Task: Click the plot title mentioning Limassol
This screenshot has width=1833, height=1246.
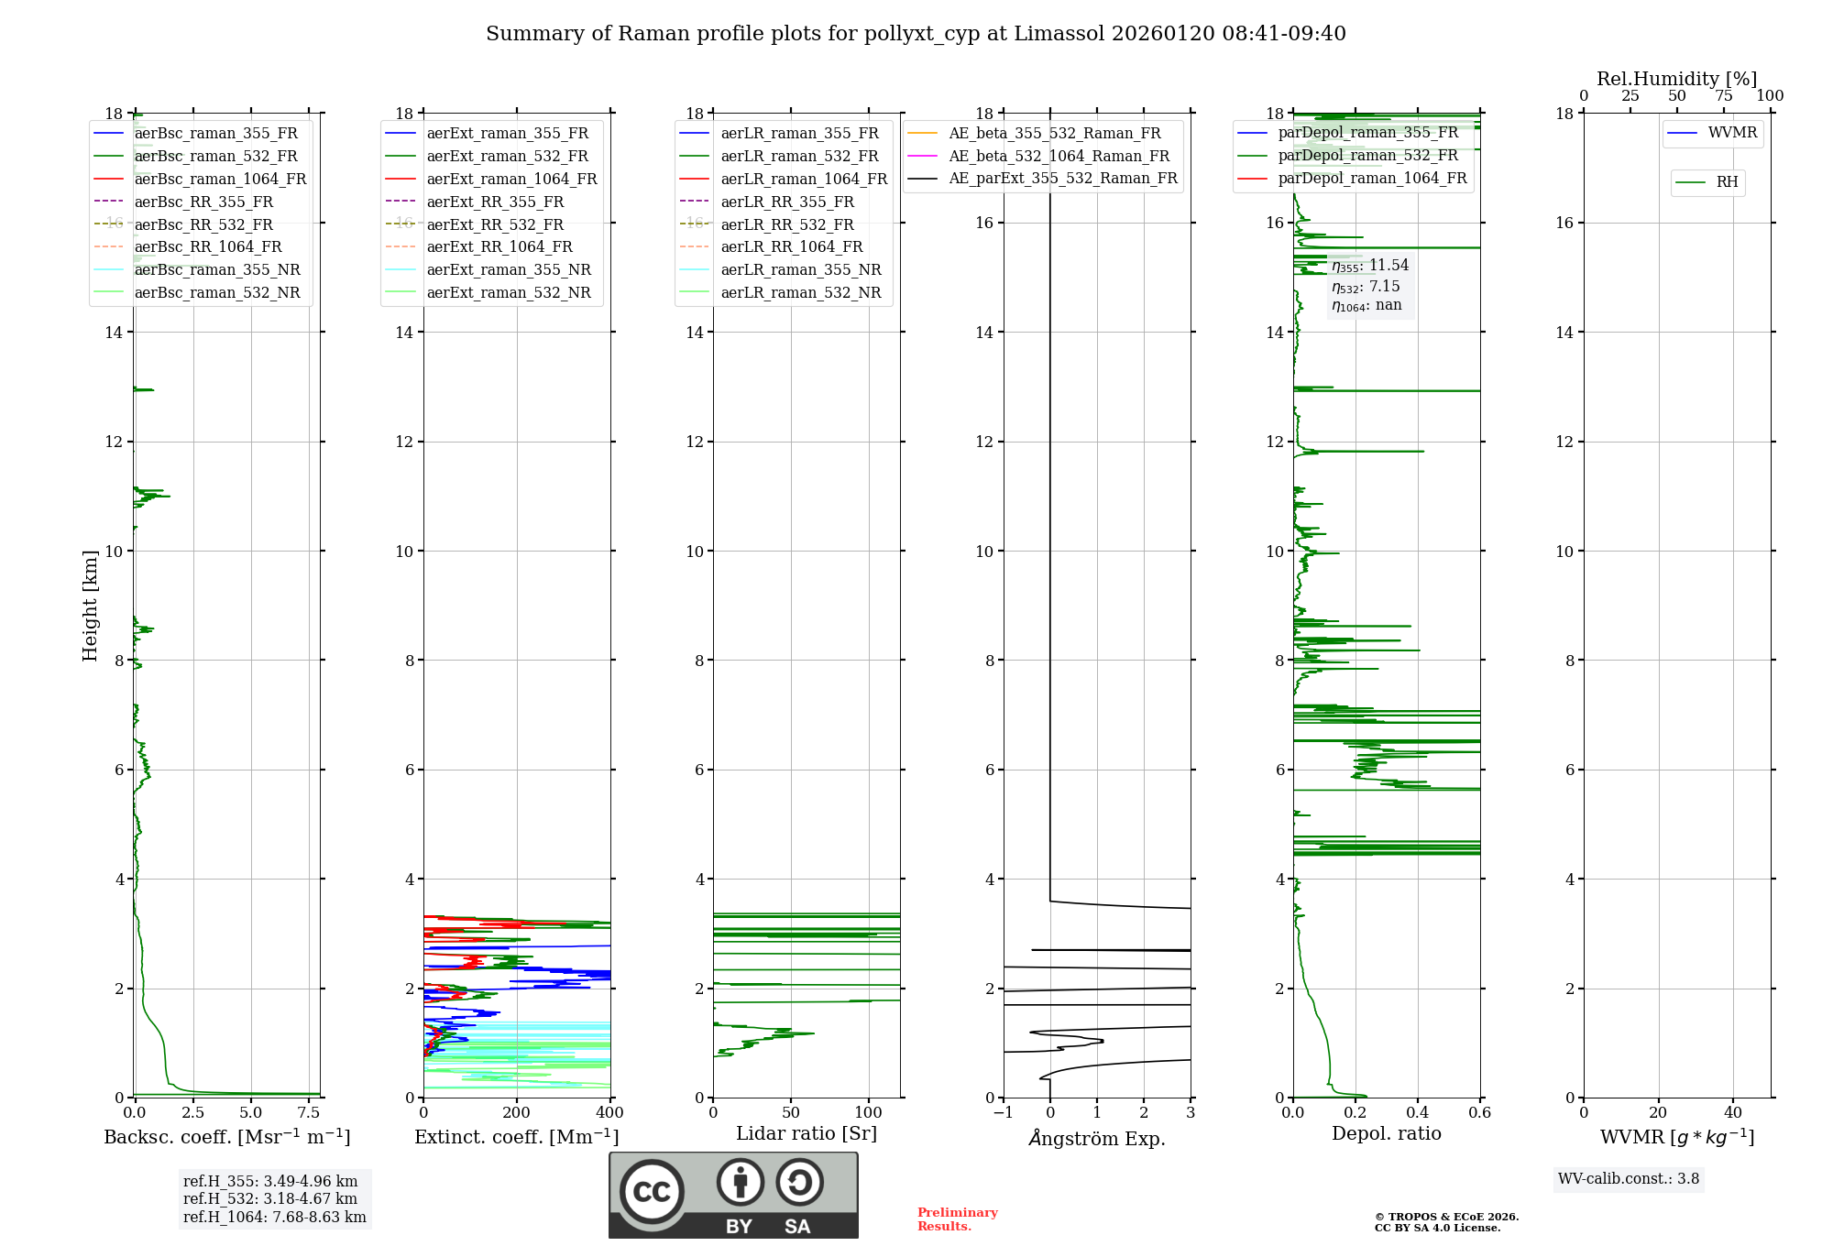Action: pos(916,34)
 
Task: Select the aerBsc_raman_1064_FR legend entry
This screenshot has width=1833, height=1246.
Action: pos(220,179)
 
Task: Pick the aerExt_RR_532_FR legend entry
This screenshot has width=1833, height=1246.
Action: pos(495,224)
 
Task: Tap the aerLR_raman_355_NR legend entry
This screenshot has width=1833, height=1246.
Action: pos(800,269)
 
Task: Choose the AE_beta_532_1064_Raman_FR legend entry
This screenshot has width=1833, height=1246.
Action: pos(1059,156)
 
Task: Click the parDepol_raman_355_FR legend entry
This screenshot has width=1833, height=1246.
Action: pos(1367,132)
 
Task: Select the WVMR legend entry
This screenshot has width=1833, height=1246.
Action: pos(1732,133)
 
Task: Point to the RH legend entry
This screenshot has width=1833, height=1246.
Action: pos(1727,182)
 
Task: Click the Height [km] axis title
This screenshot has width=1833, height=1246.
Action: pos(90,606)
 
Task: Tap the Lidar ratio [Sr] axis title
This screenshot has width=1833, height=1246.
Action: pos(807,1133)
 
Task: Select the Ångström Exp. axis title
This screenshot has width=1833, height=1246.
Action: pos(1097,1139)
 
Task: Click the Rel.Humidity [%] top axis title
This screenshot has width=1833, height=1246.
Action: pos(1676,79)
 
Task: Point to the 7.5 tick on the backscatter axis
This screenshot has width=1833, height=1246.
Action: pos(309,1113)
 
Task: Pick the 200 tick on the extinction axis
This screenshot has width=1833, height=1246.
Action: pos(517,1113)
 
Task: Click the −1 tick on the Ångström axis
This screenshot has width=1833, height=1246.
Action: pos(1004,1113)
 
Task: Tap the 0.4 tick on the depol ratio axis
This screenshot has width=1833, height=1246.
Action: pos(1418,1113)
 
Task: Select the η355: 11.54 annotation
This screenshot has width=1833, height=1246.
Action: pos(1370,266)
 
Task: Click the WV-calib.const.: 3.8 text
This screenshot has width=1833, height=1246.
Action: pos(1629,1179)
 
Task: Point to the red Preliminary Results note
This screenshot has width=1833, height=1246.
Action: pos(957,1219)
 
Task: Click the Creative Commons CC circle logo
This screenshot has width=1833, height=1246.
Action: pos(652,1191)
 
